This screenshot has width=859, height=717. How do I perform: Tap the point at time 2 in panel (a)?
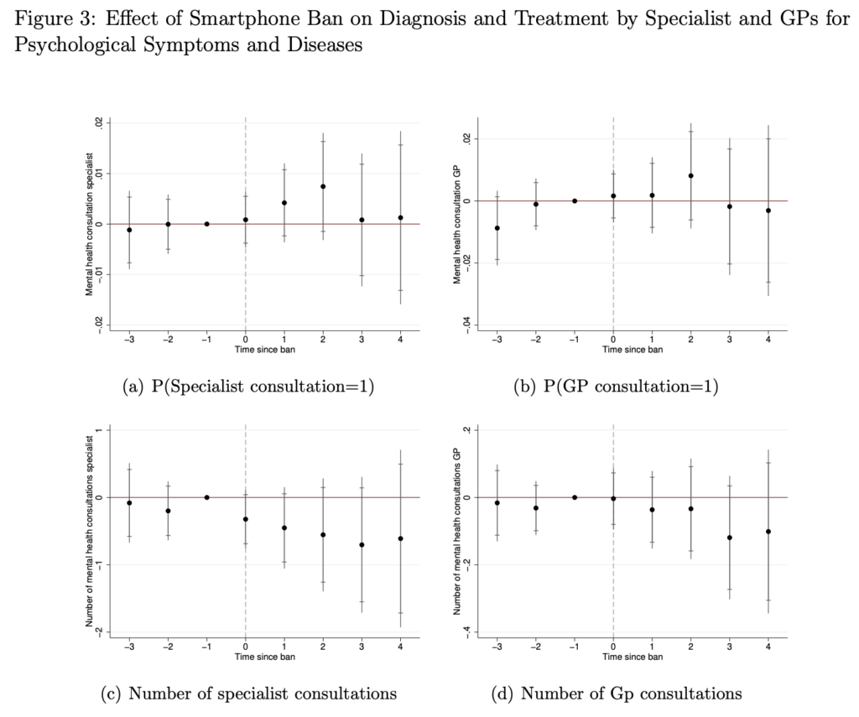[x=323, y=186]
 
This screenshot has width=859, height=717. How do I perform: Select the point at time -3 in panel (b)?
[x=497, y=228]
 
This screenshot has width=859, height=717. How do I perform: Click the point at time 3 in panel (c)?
[x=362, y=545]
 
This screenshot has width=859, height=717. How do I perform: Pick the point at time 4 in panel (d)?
[x=768, y=532]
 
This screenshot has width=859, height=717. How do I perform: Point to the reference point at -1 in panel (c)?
[x=206, y=497]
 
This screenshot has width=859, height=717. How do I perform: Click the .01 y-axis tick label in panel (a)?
[x=98, y=173]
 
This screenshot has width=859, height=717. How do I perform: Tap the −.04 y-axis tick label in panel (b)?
[x=466, y=325]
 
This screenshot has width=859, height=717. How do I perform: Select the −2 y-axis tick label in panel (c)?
[x=98, y=631]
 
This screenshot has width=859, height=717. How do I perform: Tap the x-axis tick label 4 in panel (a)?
[x=401, y=340]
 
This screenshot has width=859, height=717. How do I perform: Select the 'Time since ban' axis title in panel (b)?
[x=633, y=350]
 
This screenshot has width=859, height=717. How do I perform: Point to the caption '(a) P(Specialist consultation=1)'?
[x=248, y=387]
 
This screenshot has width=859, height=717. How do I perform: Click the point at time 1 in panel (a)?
[x=284, y=203]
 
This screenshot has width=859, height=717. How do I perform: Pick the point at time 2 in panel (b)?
[x=690, y=175]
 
